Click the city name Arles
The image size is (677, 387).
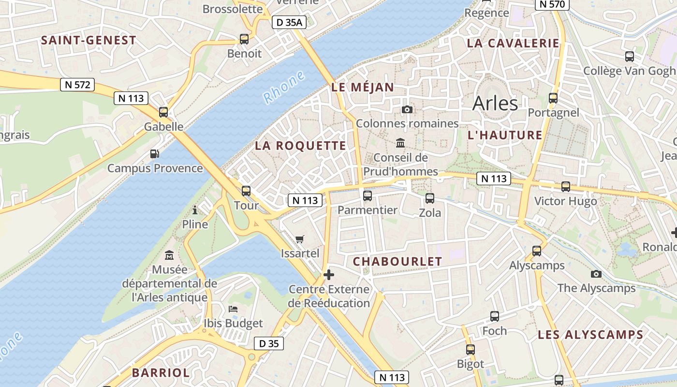tap(495, 103)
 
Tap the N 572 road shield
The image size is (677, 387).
tap(77, 85)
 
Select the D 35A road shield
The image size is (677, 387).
tap(289, 22)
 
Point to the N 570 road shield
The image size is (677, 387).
tap(552, 4)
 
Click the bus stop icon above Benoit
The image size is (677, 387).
tap(244, 39)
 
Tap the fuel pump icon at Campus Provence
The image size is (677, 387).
tap(155, 154)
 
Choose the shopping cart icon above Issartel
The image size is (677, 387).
tap(300, 239)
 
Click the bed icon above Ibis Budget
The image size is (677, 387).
tap(233, 309)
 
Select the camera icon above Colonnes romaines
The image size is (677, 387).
tap(407, 109)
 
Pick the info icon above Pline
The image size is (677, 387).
tap(195, 210)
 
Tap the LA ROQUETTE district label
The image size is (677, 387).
tap(300, 146)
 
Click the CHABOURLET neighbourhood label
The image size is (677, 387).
tap(397, 262)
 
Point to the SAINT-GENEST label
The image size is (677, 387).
tap(88, 40)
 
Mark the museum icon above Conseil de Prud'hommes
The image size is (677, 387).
tap(400, 143)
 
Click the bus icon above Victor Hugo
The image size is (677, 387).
tap(565, 186)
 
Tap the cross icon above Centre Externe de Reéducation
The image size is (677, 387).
tap(329, 275)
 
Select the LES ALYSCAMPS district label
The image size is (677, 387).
tap(590, 334)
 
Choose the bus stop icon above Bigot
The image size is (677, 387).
tap(471, 349)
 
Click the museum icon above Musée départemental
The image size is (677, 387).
tap(169, 255)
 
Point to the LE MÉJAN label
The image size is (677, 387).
tap(363, 88)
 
